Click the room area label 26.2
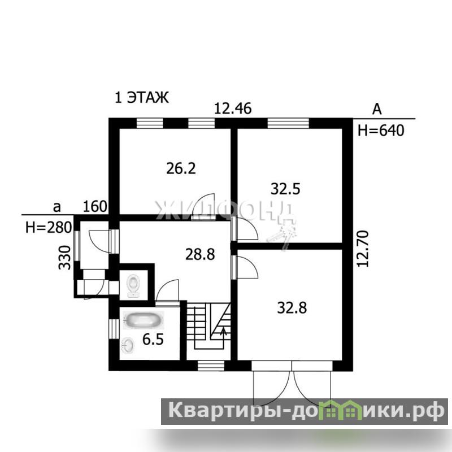[x=181, y=168]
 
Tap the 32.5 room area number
[x=285, y=189]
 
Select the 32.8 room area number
[x=292, y=307]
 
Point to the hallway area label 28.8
[x=200, y=255]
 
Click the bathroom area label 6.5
[x=153, y=340]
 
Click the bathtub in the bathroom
[x=144, y=320]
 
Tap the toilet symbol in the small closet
[x=133, y=285]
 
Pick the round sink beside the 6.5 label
[x=128, y=345]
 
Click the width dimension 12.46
[x=233, y=108]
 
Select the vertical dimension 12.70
[x=363, y=249]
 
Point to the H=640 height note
[x=381, y=131]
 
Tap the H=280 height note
[x=49, y=228]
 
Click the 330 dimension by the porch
[x=64, y=258]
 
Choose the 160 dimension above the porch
[x=95, y=206]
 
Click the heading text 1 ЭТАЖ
[x=142, y=97]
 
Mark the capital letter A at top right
[x=377, y=110]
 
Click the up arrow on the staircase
[x=223, y=334]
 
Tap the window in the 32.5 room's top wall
[x=288, y=123]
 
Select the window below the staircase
[x=211, y=366]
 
